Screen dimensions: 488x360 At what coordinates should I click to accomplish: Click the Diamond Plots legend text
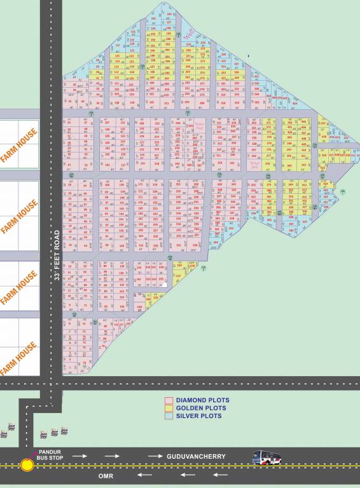pos(202,400)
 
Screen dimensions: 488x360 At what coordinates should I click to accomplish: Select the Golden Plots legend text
pos(200,408)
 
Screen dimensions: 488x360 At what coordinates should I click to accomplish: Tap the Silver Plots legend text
pos(199,416)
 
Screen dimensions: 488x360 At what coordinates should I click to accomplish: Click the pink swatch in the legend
pos(169,400)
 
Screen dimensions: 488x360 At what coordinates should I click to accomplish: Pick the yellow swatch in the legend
pos(169,408)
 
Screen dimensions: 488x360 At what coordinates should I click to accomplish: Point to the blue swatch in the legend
pos(169,416)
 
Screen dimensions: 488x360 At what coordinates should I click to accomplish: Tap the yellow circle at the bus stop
pos(27,465)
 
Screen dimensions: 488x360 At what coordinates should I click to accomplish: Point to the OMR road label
pos(106,475)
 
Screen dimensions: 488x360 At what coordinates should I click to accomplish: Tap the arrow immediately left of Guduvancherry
pos(155,456)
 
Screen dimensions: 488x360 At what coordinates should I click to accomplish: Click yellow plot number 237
pos(179,277)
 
